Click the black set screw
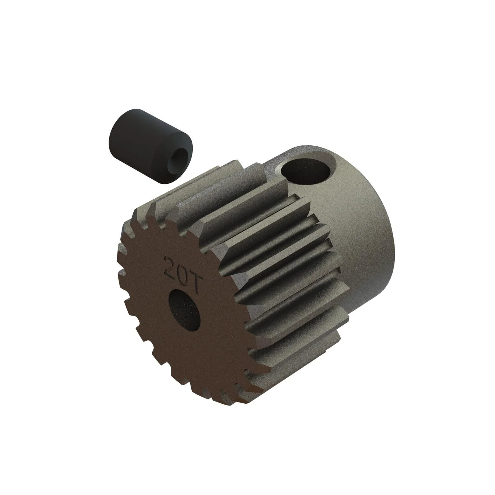coord(148,145)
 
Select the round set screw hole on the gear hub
coord(306,172)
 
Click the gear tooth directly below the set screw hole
coord(297,201)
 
